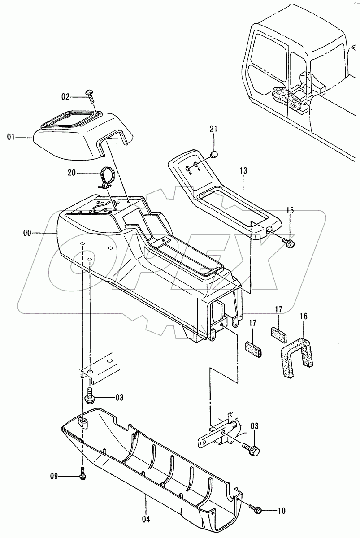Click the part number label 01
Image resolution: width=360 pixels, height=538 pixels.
(x=11, y=137)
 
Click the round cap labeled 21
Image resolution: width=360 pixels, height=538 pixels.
(x=214, y=155)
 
